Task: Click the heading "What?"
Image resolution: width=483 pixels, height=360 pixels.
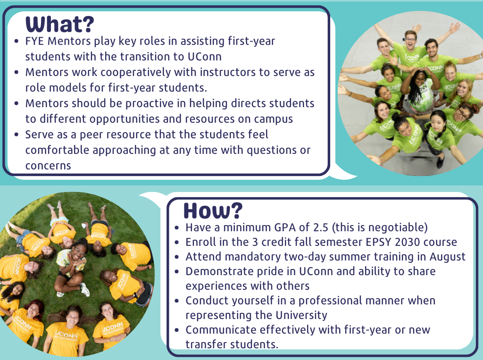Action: (x=60, y=24)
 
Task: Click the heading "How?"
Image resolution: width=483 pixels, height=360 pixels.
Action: (x=213, y=211)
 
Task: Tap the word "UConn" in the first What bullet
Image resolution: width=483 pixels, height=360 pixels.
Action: (x=205, y=57)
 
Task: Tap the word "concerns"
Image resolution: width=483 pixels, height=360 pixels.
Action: (x=48, y=166)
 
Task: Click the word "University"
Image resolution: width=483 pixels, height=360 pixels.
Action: (x=301, y=315)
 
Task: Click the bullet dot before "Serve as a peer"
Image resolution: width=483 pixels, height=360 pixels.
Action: (x=17, y=135)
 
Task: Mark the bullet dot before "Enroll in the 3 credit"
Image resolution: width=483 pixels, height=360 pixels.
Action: (x=177, y=243)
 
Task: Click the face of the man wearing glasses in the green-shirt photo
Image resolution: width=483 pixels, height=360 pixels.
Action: (x=411, y=41)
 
